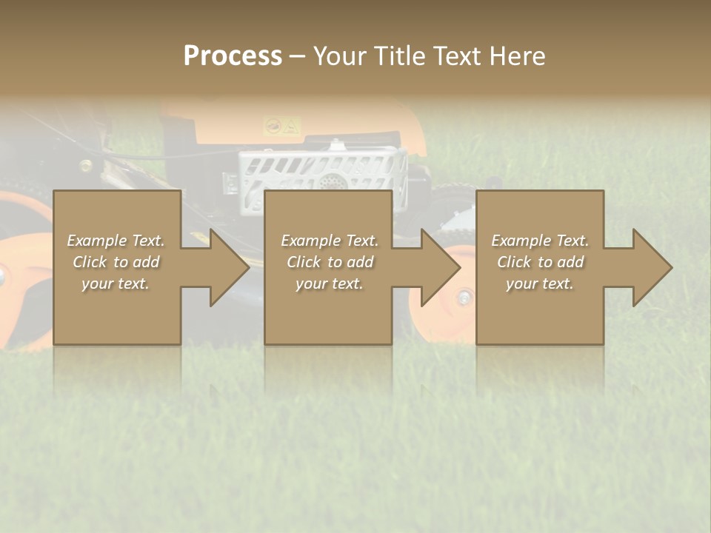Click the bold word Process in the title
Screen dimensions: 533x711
coord(233,56)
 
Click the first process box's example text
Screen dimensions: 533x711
coord(116,262)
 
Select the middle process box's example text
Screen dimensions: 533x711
coord(329,262)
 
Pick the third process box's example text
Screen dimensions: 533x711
coord(539,262)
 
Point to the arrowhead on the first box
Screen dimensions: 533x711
coord(227,267)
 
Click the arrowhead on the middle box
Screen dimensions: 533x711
coord(438,267)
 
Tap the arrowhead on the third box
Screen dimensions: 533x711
coord(650,267)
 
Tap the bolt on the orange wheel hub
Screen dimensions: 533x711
coord(464,298)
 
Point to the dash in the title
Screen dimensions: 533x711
coord(297,56)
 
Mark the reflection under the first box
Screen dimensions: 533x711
coord(117,366)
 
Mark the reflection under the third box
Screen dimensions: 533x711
coord(539,366)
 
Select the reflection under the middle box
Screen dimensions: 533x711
coord(328,366)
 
